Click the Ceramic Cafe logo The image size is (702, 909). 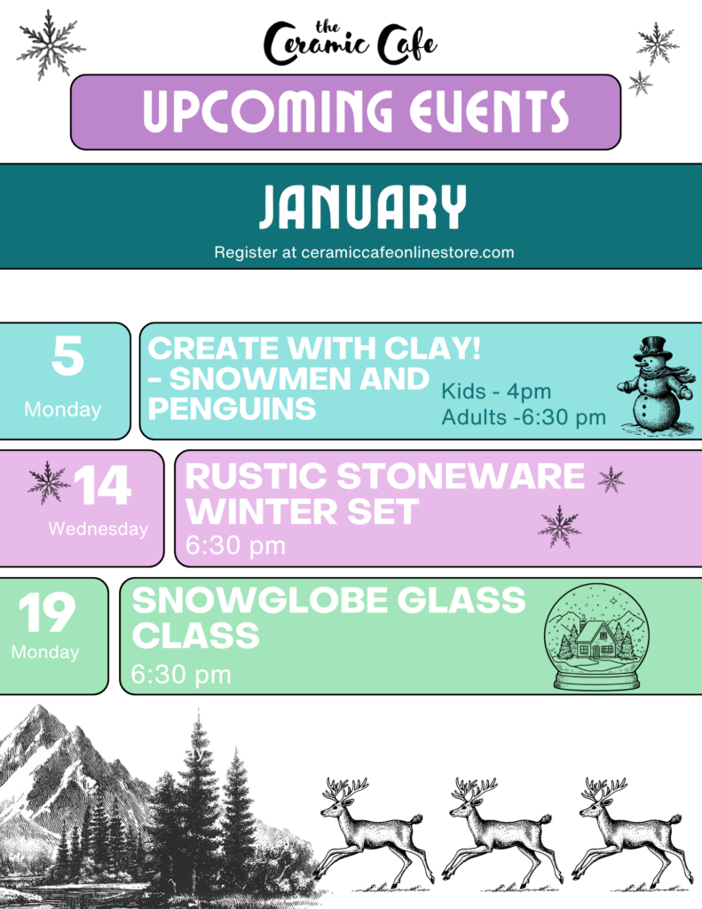click(351, 43)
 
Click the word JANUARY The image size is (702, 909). click(362, 207)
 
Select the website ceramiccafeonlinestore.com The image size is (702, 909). click(407, 253)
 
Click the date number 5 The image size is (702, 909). click(67, 355)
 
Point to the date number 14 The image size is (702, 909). click(103, 486)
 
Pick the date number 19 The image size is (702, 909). click(47, 613)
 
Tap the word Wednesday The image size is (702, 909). click(98, 529)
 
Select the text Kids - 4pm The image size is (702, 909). click(495, 391)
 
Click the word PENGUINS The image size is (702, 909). click(232, 408)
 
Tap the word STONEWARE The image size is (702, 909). click(461, 476)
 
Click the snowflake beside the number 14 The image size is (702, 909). click(48, 483)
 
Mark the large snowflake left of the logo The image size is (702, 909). click(51, 45)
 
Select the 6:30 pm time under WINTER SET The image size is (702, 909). click(235, 546)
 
